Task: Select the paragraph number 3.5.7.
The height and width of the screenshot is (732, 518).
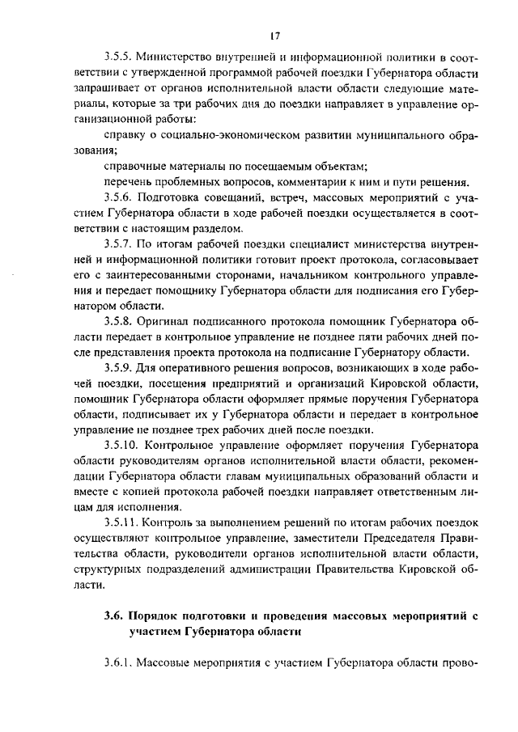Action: (x=117, y=243)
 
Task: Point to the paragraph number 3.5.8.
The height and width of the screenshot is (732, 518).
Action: (x=117, y=321)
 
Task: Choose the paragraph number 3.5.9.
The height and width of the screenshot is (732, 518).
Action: (x=117, y=368)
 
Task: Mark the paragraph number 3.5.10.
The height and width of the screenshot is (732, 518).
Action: (x=121, y=446)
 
